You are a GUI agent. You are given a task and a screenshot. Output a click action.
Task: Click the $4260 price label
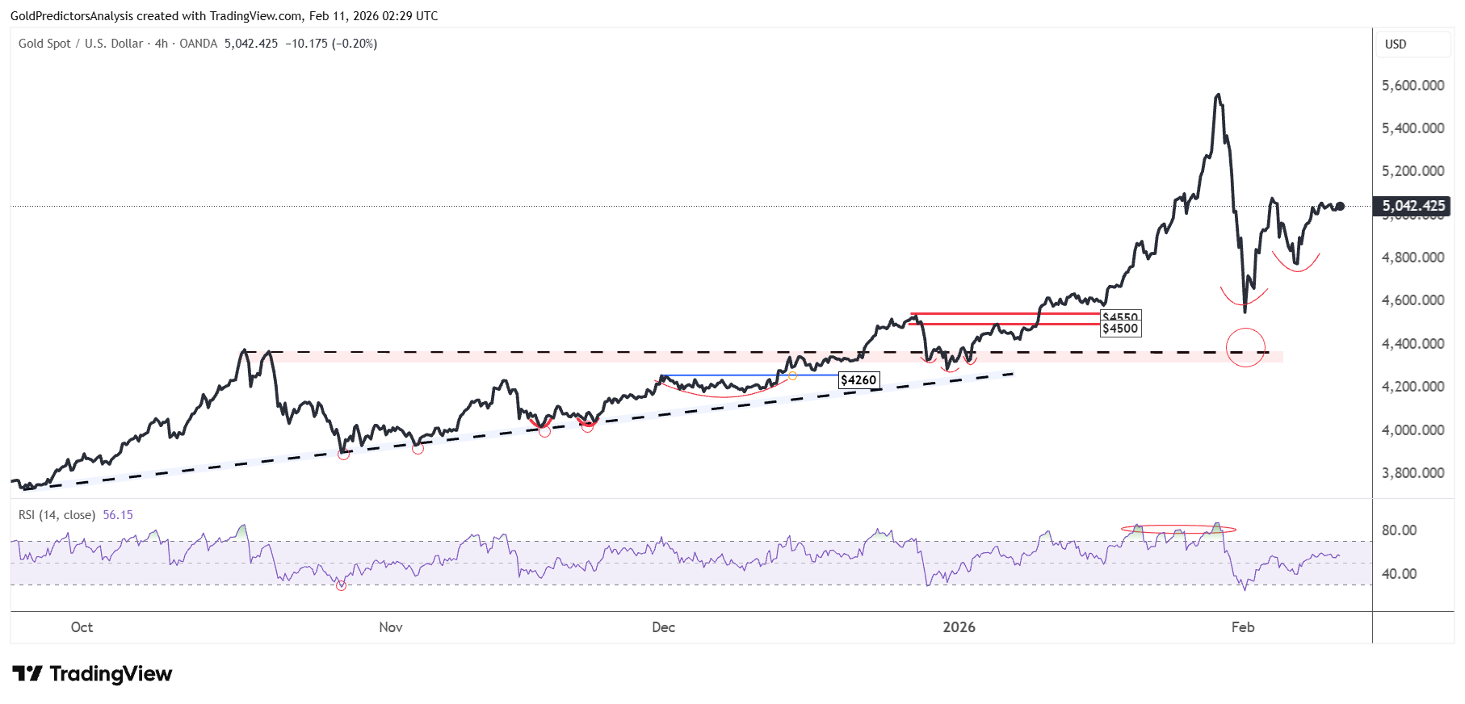coord(858,380)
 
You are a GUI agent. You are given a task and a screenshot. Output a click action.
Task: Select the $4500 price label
coord(1120,329)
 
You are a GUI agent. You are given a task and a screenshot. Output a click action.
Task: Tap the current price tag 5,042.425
coord(1413,206)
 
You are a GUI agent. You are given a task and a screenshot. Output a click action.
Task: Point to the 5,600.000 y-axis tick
coord(1413,86)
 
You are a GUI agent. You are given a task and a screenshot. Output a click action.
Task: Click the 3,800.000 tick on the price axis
coord(1413,473)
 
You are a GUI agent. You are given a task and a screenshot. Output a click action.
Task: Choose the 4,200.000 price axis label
coord(1413,387)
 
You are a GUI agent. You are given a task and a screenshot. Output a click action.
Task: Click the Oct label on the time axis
coord(82,627)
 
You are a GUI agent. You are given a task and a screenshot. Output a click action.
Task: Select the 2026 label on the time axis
coord(959,627)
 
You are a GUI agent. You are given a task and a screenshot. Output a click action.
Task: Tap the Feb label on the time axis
coord(1242,627)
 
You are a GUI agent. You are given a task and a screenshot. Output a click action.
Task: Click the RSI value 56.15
coord(118,515)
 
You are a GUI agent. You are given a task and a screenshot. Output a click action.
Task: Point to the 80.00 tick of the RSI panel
coord(1399,530)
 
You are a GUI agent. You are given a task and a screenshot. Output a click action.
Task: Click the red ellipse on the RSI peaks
coord(1178,530)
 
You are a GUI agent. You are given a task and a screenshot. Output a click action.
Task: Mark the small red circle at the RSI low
coord(341,585)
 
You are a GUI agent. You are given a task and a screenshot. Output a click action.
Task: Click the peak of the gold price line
coord(1218,95)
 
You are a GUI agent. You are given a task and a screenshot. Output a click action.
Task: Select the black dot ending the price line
coord(1340,206)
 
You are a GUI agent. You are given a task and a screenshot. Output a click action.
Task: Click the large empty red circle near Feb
coord(1245,348)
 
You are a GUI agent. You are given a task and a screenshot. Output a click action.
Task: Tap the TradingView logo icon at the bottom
coord(27,673)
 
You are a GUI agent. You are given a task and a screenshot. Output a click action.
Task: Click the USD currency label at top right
coord(1396,44)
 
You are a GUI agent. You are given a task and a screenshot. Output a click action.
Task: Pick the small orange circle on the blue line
coord(792,376)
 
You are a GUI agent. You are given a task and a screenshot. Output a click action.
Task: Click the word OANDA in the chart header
coord(198,44)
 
